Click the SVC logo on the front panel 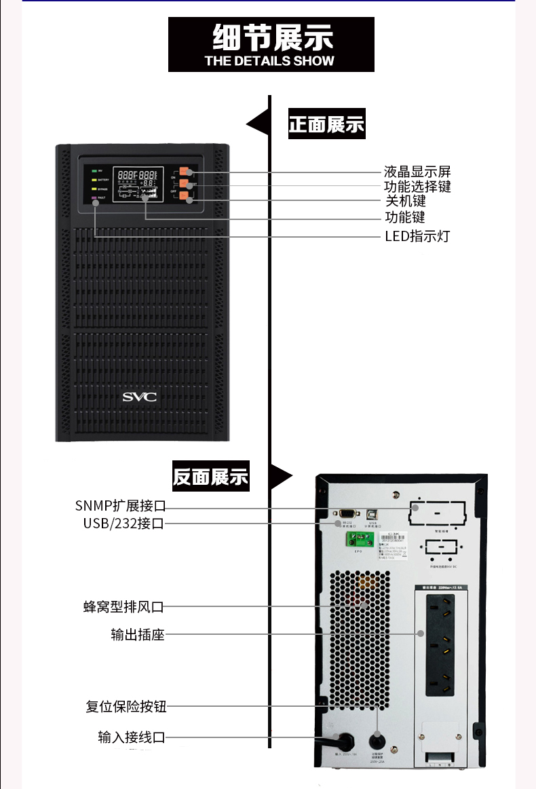tap(139, 397)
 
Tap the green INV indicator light tap(94, 170)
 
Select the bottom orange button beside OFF tap(184, 196)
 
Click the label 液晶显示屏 tap(417, 171)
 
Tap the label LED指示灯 tap(417, 236)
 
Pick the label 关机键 tap(405, 202)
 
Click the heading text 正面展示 tap(326, 125)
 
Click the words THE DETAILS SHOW tap(269, 60)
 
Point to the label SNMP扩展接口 tap(120, 506)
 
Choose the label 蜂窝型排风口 tap(123, 606)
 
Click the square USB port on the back tap(372, 514)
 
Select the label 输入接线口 tap(131, 737)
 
